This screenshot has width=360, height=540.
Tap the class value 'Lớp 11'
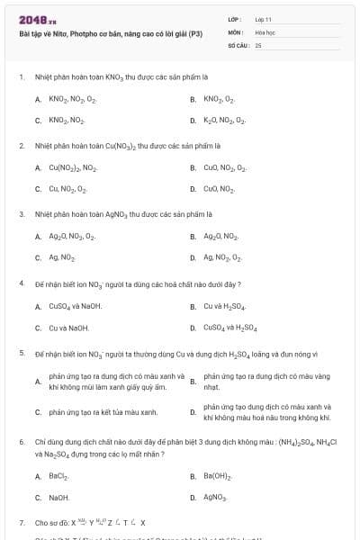263,19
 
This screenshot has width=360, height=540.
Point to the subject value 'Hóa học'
265,31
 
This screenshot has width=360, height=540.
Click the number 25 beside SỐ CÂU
258,44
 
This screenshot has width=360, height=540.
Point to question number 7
21,522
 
